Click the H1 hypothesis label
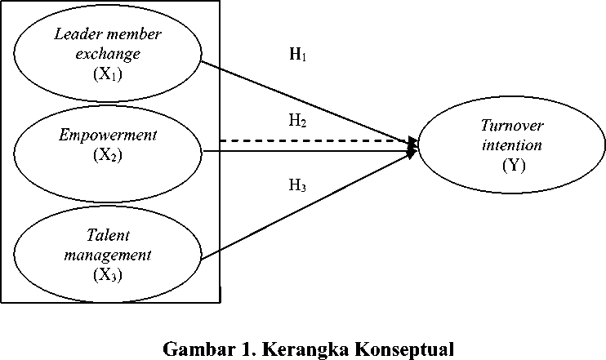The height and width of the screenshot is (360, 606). pos(297,54)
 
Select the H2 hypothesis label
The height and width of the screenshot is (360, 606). pos(297,121)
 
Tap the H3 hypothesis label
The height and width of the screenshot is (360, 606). pos(297,185)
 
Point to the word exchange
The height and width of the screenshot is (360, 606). pos(108,54)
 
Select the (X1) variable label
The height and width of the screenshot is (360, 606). pos(108,73)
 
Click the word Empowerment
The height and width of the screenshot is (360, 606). pos(108,136)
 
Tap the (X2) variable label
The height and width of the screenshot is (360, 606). pos(108,155)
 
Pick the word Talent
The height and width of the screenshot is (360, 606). pos(108,235)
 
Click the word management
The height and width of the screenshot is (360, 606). pos(108,256)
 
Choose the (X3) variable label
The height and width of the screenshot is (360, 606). pos(108,275)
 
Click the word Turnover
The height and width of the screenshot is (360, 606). pos(512,126)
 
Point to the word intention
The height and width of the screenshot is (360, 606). pos(512,145)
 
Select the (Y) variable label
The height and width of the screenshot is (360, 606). pos(514,166)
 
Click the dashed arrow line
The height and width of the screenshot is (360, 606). pos(319,141)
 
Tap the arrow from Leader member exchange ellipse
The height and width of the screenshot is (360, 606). pos(310,103)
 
